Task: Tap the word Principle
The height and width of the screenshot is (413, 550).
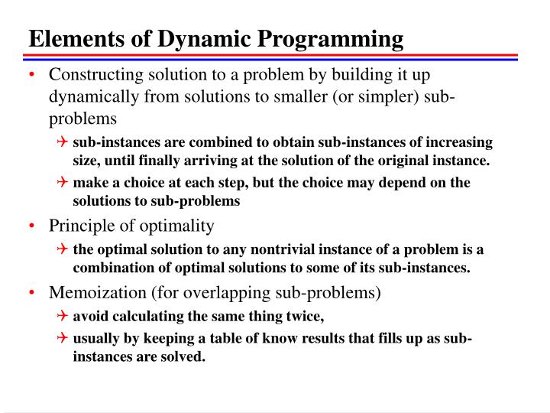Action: pos(79,226)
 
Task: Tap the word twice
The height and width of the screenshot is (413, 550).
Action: pos(303,316)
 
